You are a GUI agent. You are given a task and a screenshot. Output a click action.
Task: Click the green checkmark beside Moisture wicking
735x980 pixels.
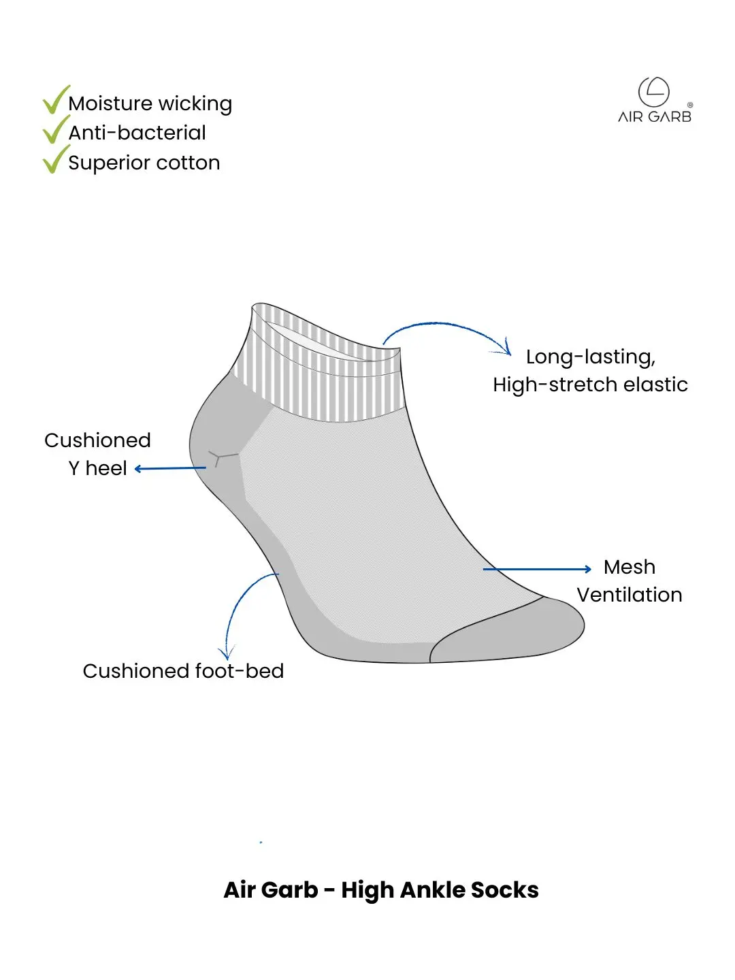point(55,101)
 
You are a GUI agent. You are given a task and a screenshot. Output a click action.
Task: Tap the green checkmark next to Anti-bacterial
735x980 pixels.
point(55,130)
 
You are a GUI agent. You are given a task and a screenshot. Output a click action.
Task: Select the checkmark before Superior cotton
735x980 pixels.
point(55,160)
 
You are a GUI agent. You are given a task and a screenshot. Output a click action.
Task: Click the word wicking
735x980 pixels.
point(195,105)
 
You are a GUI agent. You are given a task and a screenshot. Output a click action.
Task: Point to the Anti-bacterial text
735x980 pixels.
point(137,133)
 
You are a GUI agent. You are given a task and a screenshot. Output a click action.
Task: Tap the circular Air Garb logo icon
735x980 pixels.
point(654,92)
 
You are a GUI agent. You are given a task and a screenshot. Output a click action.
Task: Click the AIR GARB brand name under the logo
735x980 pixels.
point(654,117)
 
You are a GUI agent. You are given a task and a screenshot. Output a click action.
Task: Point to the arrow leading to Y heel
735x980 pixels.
point(170,468)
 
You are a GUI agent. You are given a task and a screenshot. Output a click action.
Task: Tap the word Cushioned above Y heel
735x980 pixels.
point(97,440)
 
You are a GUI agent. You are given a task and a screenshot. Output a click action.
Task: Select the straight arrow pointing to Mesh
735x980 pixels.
point(537,569)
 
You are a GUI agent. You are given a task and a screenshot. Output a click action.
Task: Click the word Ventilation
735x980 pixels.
point(630,595)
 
